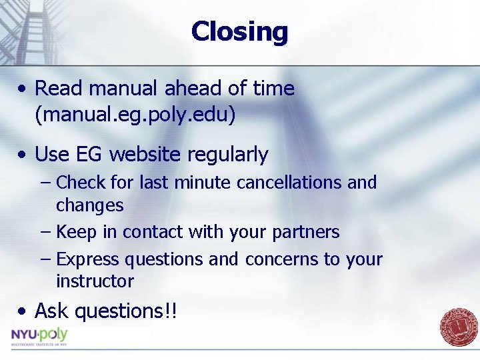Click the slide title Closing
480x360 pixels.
point(239,31)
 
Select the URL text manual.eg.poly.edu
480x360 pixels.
point(135,115)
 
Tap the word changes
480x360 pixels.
point(90,205)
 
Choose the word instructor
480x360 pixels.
point(95,281)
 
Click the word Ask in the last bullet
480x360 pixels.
point(52,311)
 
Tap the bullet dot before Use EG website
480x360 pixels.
point(23,155)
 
